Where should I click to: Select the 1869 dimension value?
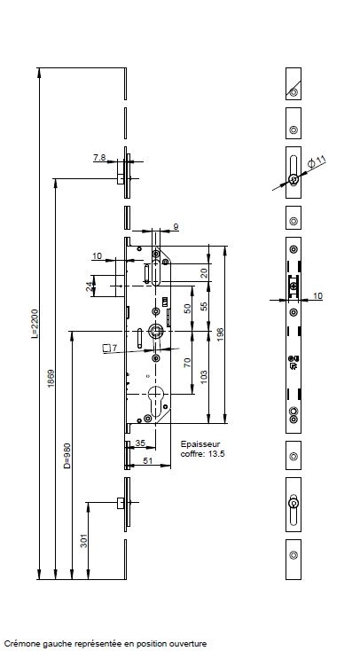tap(51, 378)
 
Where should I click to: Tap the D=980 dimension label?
tap(67, 456)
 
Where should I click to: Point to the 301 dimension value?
tap(84, 540)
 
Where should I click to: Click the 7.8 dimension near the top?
tap(99, 157)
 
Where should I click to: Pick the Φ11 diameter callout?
tap(317, 161)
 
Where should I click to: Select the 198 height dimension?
tap(220, 334)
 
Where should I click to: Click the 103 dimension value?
tap(203, 377)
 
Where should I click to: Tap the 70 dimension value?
tap(187, 362)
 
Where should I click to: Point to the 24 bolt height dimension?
tap(90, 286)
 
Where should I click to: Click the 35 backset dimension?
tap(140, 443)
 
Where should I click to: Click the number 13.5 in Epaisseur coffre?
tap(216, 454)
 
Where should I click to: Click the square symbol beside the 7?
tap(106, 348)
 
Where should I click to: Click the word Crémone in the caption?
tap(19, 644)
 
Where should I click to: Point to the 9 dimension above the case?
tap(176, 227)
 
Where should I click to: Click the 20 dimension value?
tap(203, 273)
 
